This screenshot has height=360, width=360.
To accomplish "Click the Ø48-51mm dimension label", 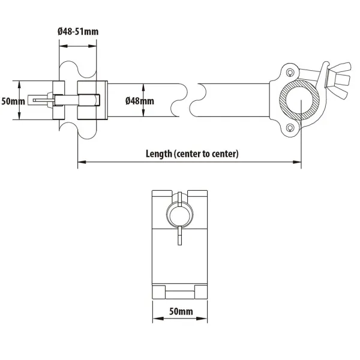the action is click(x=78, y=31).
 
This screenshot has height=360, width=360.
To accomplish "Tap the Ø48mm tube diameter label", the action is click(x=140, y=101).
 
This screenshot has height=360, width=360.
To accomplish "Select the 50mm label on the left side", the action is click(x=13, y=101).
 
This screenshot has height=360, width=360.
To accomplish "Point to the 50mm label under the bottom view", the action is click(x=181, y=311).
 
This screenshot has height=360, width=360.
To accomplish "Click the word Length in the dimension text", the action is click(x=159, y=154).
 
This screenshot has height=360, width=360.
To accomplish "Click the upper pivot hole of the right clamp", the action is click(x=290, y=73).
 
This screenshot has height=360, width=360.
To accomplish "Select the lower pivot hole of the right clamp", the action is click(x=290, y=127).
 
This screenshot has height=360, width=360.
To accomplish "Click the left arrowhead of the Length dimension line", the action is click(x=82, y=162).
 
